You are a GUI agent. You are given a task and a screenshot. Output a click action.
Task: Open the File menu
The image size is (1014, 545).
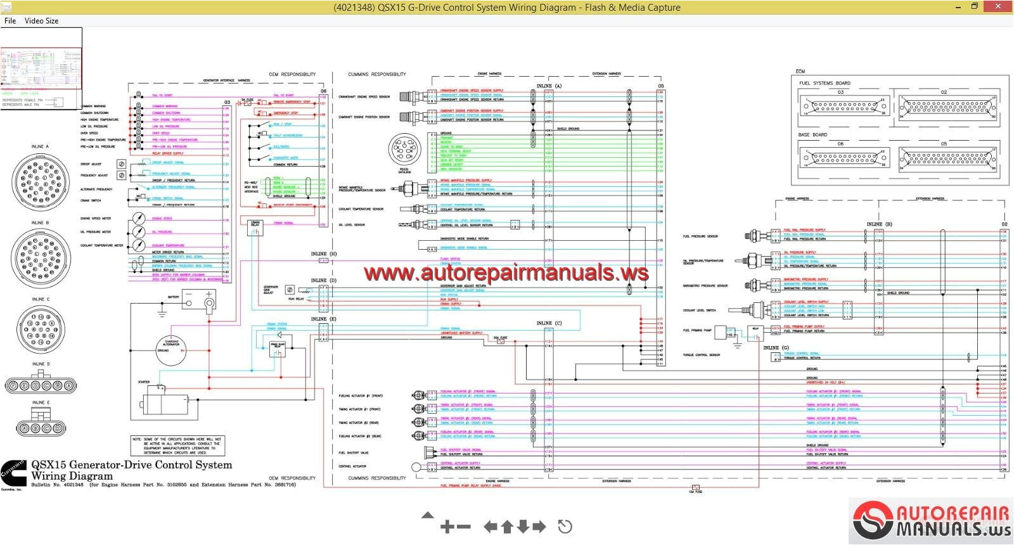[x=10, y=21]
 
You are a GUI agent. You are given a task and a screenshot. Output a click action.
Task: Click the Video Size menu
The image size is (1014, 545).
[x=41, y=21]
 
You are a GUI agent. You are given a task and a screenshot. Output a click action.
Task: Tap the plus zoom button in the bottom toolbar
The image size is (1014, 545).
[x=447, y=527]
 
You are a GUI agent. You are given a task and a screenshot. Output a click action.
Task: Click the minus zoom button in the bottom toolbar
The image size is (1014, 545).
[x=464, y=527]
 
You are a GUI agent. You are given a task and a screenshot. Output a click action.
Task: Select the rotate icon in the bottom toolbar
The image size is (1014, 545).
[x=565, y=527]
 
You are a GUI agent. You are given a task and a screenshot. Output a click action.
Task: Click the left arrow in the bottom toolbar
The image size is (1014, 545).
[x=490, y=527]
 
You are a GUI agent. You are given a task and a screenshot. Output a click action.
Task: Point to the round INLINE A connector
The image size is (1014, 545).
[x=39, y=181]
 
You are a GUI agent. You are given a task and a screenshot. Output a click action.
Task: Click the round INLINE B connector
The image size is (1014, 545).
[x=39, y=256]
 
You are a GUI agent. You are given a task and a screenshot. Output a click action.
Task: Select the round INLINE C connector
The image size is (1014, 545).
[x=40, y=329]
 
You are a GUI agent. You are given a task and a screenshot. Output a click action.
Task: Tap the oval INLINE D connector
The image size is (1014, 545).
[x=41, y=385]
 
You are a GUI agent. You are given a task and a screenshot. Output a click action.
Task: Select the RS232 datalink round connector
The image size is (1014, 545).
[x=404, y=150]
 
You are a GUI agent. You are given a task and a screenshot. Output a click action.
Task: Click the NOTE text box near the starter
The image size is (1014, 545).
[x=177, y=446]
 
